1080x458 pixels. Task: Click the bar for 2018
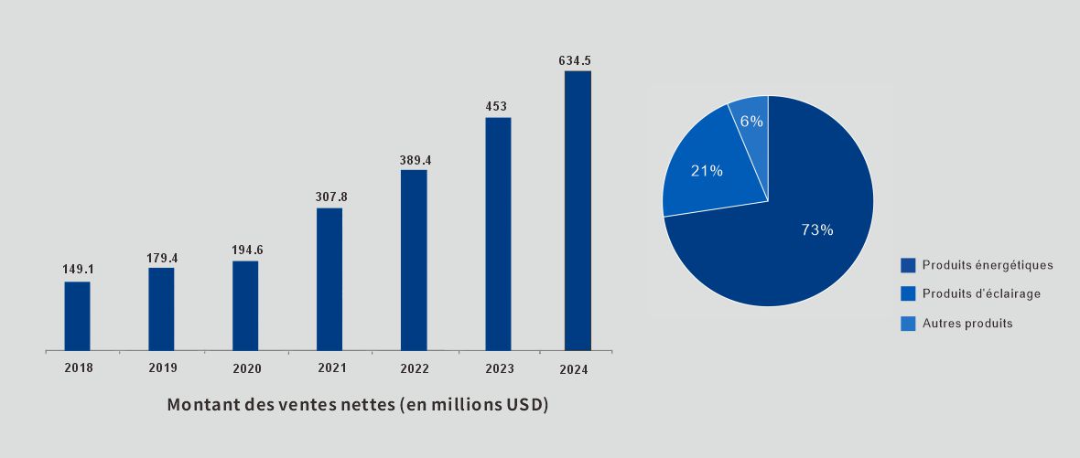(x=77, y=315)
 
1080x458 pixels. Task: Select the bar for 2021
(x=329, y=279)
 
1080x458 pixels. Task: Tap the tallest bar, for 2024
(x=578, y=210)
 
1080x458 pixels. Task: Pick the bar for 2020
(x=245, y=305)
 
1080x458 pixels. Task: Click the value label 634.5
(x=575, y=60)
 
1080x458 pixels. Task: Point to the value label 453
(x=496, y=106)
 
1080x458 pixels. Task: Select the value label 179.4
(x=162, y=258)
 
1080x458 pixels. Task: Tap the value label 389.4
(x=416, y=160)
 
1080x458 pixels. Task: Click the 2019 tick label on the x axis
(x=163, y=368)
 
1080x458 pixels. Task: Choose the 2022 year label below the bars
(x=416, y=369)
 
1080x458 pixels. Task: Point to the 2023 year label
(x=499, y=369)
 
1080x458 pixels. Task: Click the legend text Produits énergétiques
(x=988, y=265)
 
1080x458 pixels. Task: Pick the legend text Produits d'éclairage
(x=981, y=294)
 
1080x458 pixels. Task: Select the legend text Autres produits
(x=967, y=324)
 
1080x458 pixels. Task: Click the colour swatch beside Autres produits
(x=908, y=324)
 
